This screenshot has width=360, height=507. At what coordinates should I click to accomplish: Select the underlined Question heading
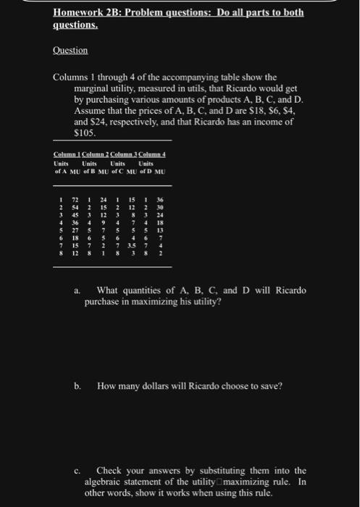[x=71, y=51]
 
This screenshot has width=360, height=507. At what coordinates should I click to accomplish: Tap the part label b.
[x=76, y=386]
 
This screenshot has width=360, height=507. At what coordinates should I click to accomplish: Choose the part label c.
[x=76, y=470]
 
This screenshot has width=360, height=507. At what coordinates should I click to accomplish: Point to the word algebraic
[x=104, y=481]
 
